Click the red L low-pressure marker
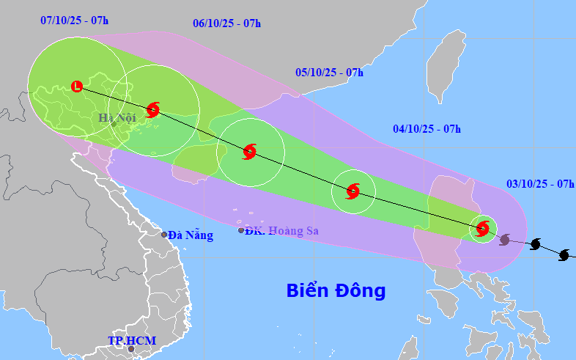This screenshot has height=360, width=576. click(x=77, y=87)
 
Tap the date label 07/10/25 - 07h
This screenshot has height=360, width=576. click(x=74, y=20)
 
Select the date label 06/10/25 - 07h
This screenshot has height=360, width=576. click(x=227, y=23)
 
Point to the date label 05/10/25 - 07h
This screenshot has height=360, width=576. click(x=329, y=72)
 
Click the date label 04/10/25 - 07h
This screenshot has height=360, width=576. click(x=427, y=129)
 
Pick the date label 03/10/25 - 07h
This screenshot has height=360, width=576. click(x=540, y=183)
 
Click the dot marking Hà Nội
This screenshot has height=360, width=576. click(x=114, y=124)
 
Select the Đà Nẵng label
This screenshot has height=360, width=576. click(x=191, y=235)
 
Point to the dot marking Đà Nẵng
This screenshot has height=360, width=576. click(x=164, y=235)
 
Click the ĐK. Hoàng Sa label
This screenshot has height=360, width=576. click(x=282, y=231)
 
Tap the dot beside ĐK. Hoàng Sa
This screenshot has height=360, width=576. click(x=241, y=230)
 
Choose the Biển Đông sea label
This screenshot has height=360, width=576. click(x=336, y=290)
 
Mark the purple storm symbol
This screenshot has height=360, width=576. click(x=505, y=239)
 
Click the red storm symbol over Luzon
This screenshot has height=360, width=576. click(x=482, y=228)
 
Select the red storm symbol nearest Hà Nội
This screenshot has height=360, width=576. click(x=152, y=110)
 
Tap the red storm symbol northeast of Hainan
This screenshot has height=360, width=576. click(x=249, y=152)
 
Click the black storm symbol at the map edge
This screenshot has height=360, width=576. click(x=564, y=255)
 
